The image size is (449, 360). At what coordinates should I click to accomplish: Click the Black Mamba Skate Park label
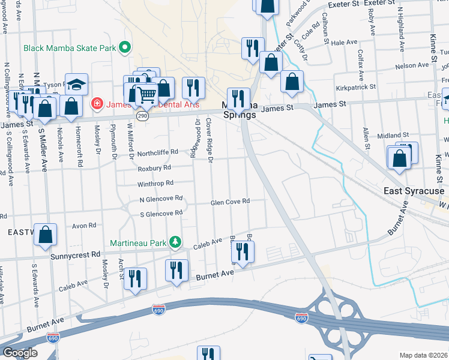[70, 47]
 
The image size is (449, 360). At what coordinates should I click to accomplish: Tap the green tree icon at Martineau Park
[175, 242]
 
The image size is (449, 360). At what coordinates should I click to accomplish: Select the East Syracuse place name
[414, 191]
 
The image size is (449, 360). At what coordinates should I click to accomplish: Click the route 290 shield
[142, 116]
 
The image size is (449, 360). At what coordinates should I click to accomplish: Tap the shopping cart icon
[146, 94]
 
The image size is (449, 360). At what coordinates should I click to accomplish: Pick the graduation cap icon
[77, 84]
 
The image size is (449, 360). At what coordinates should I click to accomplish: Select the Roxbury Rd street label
[154, 167]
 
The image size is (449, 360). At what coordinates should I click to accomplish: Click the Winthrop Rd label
[155, 183]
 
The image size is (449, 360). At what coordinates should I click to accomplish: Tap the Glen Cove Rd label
[230, 202]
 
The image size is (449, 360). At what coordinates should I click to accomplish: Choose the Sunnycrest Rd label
[79, 255]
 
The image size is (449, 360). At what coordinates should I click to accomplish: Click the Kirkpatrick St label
[355, 86]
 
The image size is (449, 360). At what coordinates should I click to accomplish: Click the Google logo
[20, 353]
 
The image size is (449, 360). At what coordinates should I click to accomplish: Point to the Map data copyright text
[423, 355]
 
